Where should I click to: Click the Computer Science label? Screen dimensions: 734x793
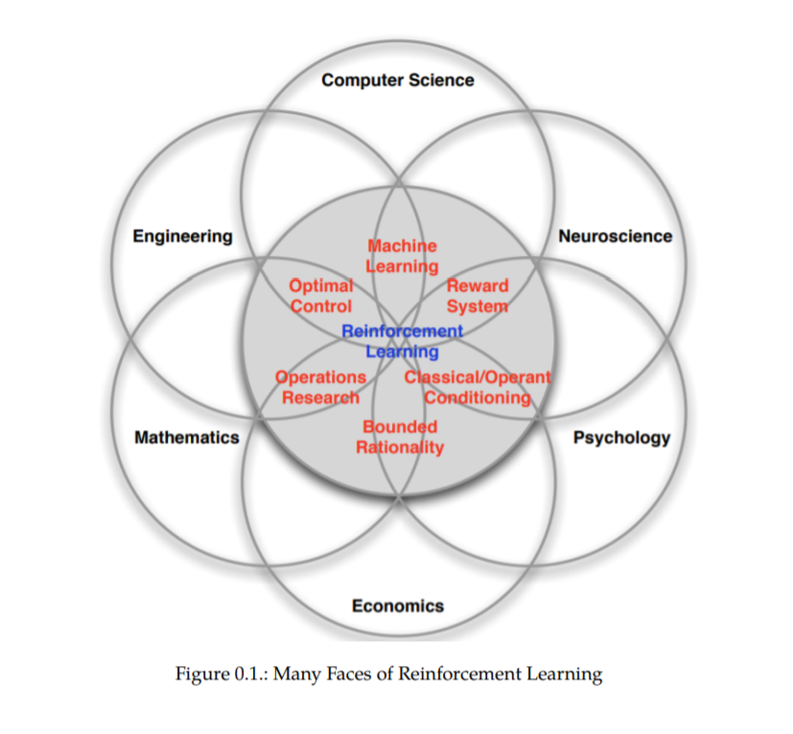tap(397, 80)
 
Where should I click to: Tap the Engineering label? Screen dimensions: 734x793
tap(182, 236)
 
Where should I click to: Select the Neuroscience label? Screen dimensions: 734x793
tap(615, 236)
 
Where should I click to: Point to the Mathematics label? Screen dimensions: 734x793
tap(187, 437)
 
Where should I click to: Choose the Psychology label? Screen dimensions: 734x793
tap(621, 437)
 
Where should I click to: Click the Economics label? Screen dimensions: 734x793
tap(397, 605)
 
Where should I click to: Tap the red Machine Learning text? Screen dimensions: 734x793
tap(402, 256)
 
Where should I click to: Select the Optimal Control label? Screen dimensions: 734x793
tap(321, 296)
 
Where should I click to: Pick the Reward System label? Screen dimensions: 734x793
tap(477, 296)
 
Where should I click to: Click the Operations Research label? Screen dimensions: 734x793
tap(320, 387)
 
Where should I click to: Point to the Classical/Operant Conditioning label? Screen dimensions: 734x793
tap(478, 387)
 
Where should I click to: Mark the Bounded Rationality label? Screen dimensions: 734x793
tap(400, 437)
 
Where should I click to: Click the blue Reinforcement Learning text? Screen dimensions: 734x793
tap(402, 341)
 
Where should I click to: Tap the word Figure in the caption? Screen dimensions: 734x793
tap(201, 674)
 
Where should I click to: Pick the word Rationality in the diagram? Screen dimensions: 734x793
tap(400, 447)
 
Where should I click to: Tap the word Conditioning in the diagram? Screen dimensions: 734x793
tap(478, 398)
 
